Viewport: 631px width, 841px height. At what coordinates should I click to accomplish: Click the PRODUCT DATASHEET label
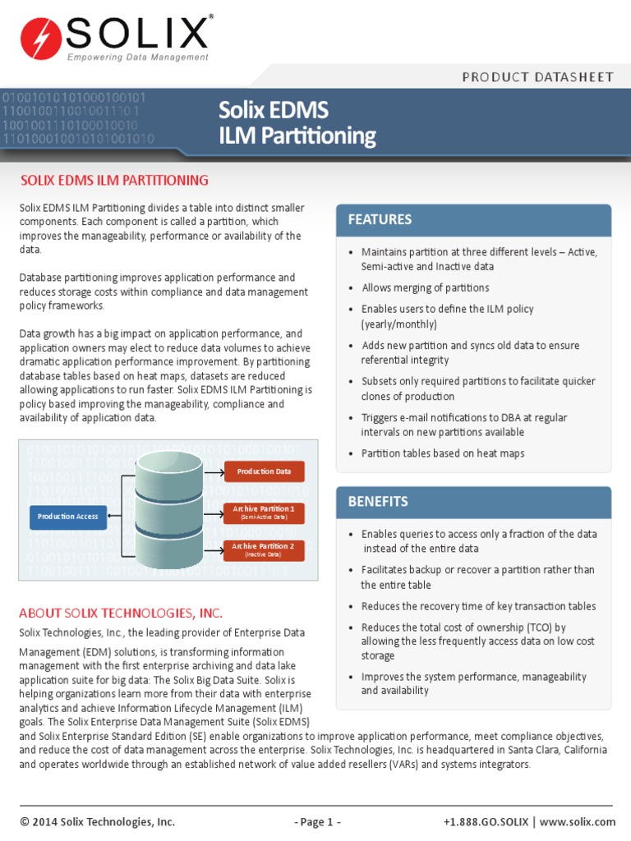pyautogui.click(x=537, y=77)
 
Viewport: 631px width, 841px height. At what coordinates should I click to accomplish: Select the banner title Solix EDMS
pyautogui.click(x=274, y=110)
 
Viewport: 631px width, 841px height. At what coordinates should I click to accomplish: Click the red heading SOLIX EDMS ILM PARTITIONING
pyautogui.click(x=114, y=180)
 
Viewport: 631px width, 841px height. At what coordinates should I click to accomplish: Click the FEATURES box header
pyautogui.click(x=473, y=220)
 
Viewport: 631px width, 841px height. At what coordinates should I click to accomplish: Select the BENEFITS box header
pyautogui.click(x=473, y=502)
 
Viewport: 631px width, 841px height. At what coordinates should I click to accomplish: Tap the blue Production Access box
pyautogui.click(x=68, y=517)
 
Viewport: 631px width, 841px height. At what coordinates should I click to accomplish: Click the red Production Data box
pyautogui.click(x=264, y=471)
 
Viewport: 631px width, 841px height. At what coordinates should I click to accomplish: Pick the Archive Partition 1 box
pyautogui.click(x=264, y=512)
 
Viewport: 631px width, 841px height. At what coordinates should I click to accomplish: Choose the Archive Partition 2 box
pyautogui.click(x=264, y=549)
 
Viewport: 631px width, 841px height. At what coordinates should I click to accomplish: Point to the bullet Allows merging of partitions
pyautogui.click(x=425, y=288)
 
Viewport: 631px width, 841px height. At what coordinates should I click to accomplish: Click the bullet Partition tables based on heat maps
pyautogui.click(x=442, y=453)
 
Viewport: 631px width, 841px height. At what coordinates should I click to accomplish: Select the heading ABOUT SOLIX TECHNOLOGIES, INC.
pyautogui.click(x=121, y=614)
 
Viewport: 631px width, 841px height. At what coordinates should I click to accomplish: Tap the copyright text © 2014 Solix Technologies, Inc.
pyautogui.click(x=97, y=821)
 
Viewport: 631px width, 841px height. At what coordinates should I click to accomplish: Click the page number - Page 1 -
pyautogui.click(x=317, y=821)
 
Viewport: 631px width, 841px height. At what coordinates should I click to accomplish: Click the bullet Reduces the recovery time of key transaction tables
pyautogui.click(x=478, y=606)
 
